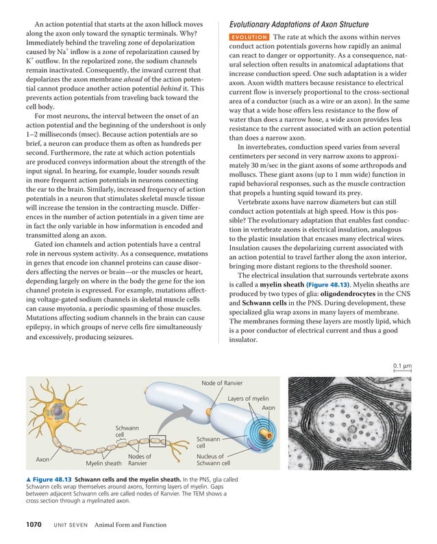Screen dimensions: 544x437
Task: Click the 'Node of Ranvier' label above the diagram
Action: (222, 382)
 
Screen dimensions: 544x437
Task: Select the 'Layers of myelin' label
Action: (248, 398)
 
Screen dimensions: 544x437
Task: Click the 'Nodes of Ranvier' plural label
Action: (140, 460)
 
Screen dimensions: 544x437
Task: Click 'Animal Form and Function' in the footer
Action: (131, 526)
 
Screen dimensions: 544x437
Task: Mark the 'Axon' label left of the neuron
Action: (42, 459)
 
